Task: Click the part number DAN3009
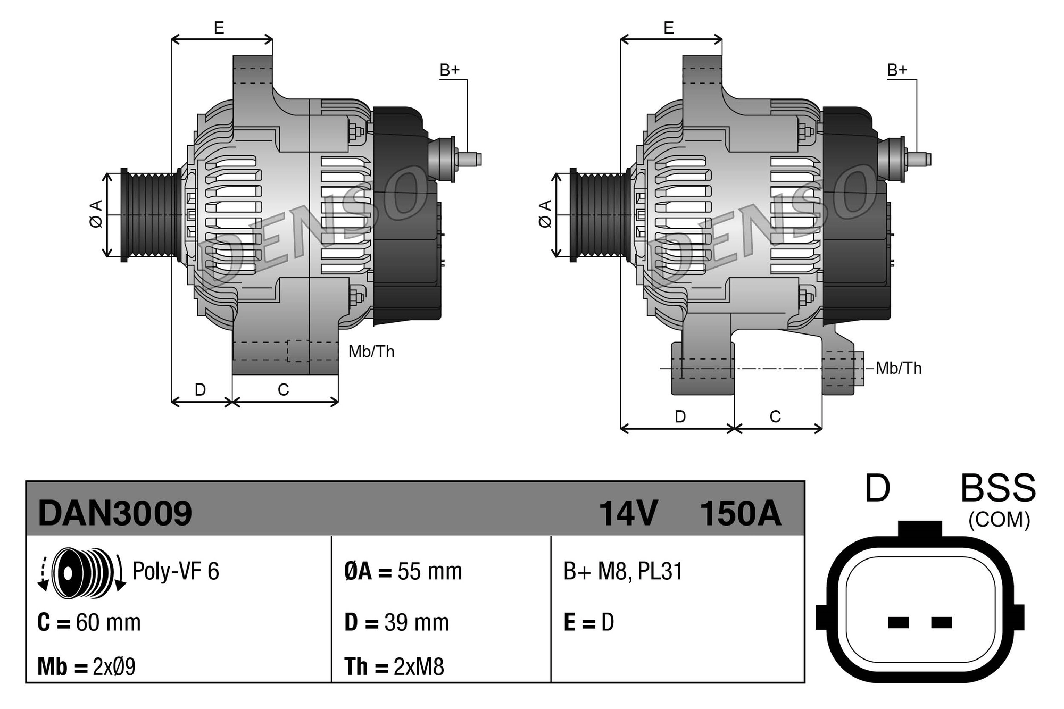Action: click(114, 513)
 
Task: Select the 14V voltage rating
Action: click(628, 513)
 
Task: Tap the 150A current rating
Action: click(740, 513)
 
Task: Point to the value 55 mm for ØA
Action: click(429, 572)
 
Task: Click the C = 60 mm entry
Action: click(89, 622)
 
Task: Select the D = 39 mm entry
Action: click(396, 622)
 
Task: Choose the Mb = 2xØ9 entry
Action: click(86, 666)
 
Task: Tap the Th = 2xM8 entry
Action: click(394, 666)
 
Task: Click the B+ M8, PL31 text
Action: click(622, 571)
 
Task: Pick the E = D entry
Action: click(588, 622)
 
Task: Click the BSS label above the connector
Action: click(998, 488)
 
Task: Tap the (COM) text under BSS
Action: click(999, 520)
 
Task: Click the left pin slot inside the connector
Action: click(899, 622)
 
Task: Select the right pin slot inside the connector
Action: click(941, 622)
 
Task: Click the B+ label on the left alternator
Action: click(449, 70)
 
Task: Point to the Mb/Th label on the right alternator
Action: click(899, 368)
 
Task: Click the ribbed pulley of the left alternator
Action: click(152, 215)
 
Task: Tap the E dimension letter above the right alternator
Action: click(669, 28)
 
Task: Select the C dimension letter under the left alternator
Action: click(283, 390)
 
